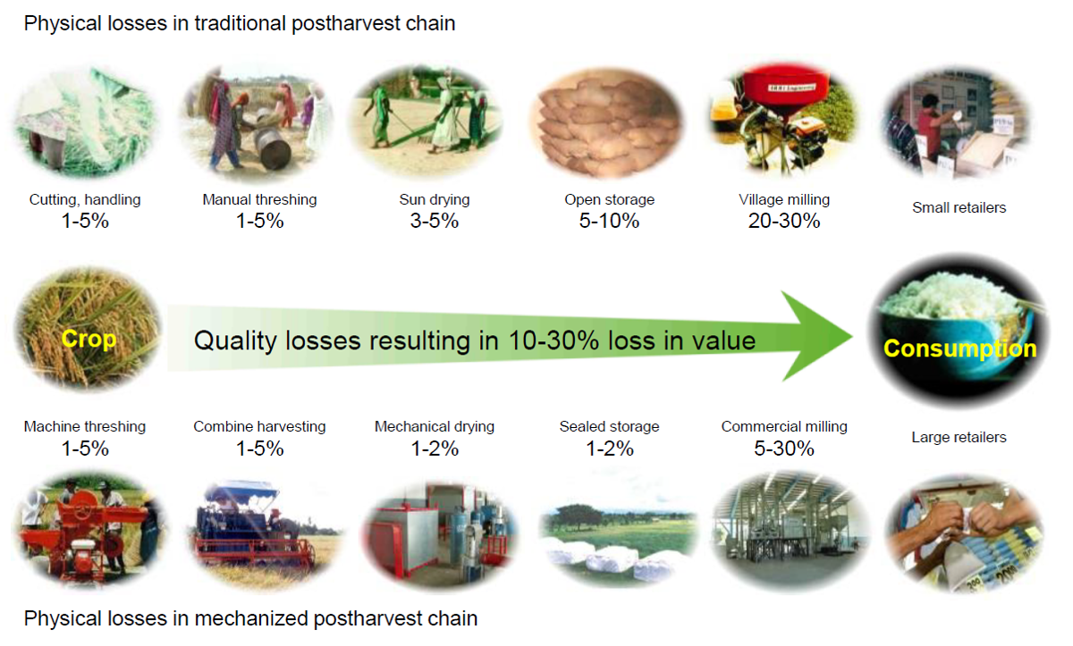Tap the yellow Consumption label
point(960,348)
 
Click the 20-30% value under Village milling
point(784,221)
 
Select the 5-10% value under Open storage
point(609,221)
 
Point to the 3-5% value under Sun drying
point(435,221)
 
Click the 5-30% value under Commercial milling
point(784,449)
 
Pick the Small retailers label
point(959,207)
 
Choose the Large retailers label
point(959,437)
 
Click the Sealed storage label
point(609,426)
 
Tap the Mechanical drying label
point(435,426)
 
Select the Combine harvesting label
point(259,426)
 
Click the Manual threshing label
point(259,199)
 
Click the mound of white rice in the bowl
point(953,294)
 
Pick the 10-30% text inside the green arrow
point(553,340)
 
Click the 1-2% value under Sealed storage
point(610,449)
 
